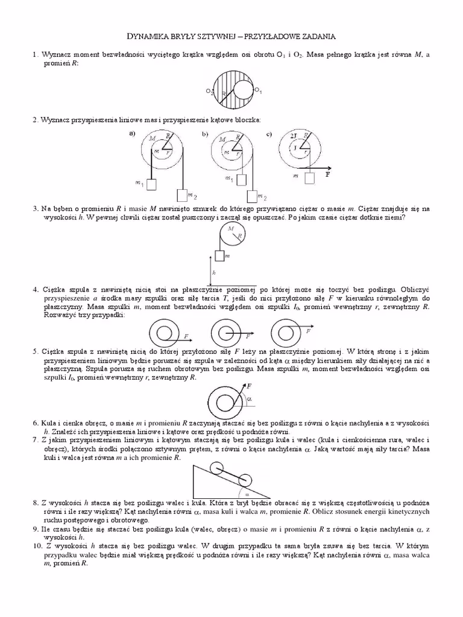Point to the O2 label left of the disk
coord(208,92)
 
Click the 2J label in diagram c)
coord(293,136)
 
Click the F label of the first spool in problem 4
coord(186,335)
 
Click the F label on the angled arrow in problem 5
coord(248,384)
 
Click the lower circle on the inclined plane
coord(243,480)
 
